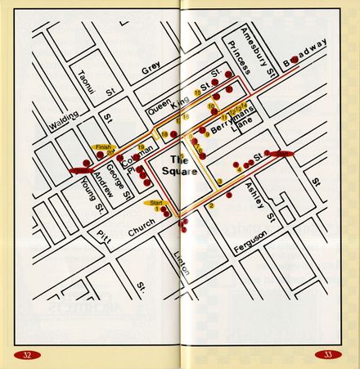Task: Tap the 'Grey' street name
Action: click(x=151, y=71)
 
